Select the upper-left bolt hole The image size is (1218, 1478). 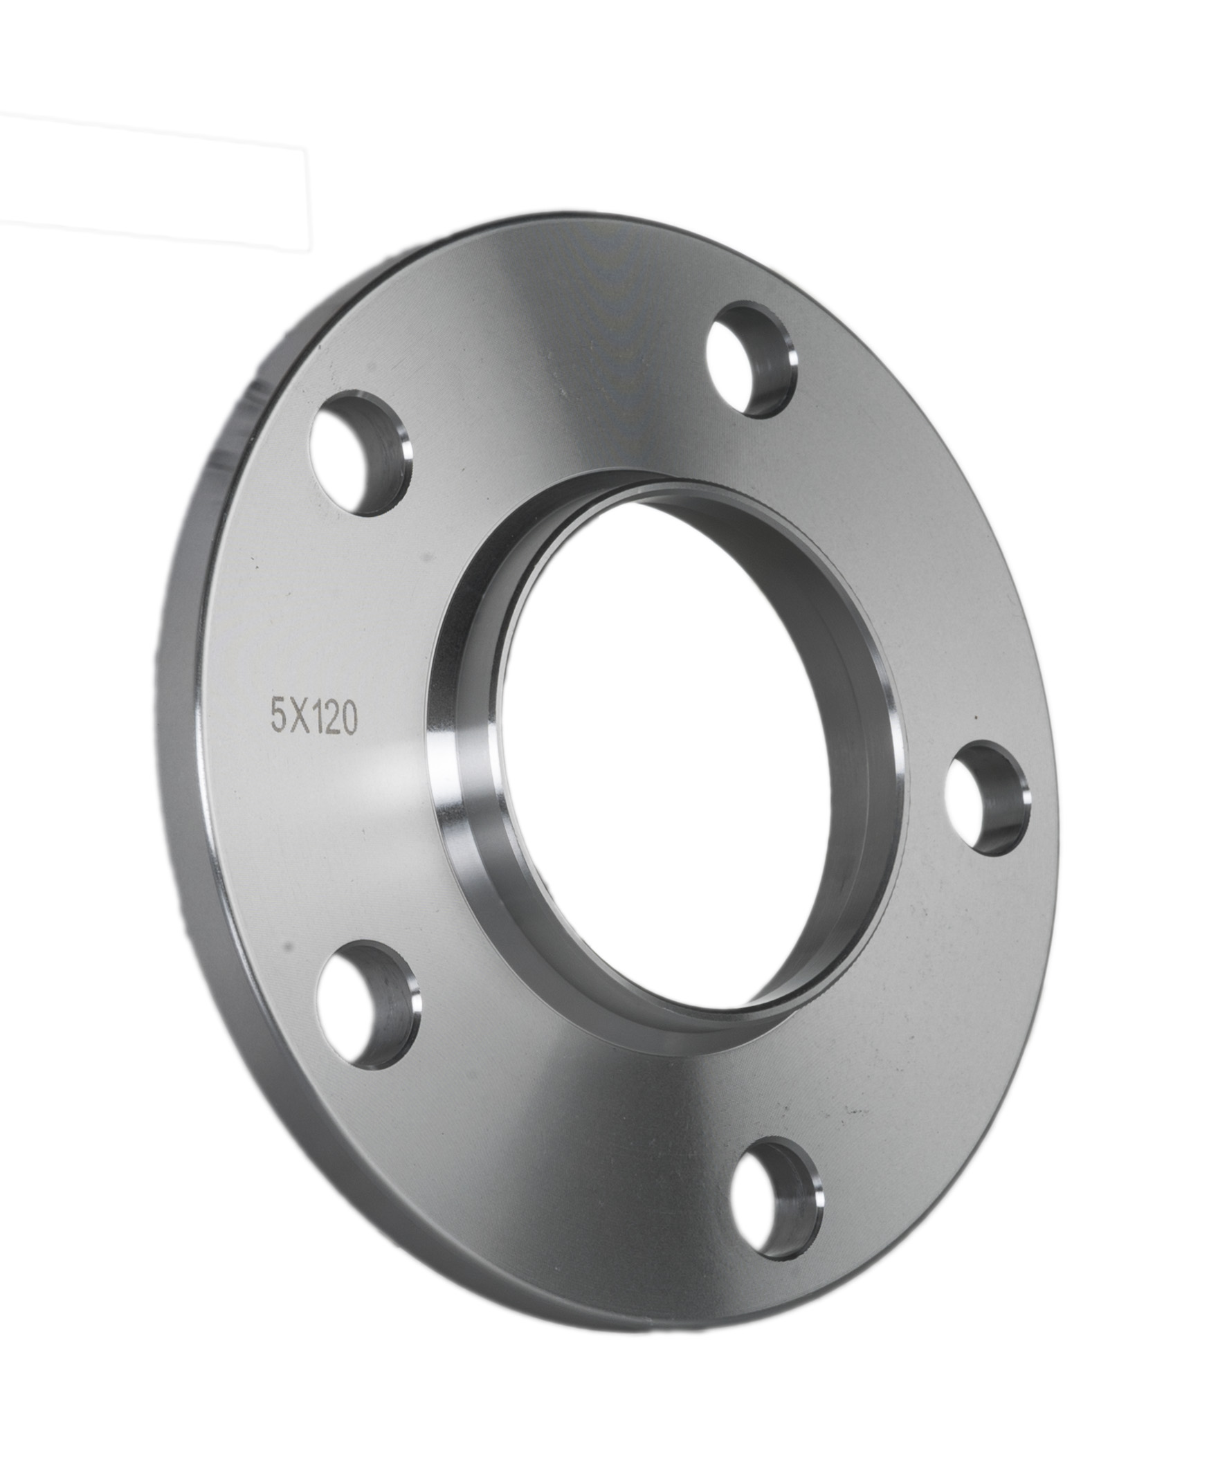coord(360,454)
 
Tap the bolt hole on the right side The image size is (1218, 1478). coord(987,798)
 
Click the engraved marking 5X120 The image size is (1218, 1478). coord(314,718)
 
